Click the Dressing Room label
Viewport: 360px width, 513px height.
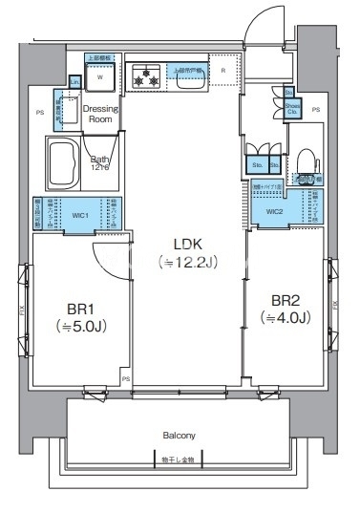102,114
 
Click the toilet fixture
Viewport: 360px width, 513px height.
306,159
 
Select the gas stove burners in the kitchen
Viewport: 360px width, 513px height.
148,76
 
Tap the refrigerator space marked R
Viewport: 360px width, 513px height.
222,71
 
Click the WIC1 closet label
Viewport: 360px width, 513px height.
80,215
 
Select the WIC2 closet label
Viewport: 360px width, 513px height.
274,211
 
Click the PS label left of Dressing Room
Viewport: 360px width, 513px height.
40,113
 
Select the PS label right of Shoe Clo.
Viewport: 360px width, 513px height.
315,110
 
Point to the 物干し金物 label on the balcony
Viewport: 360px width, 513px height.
178,460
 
